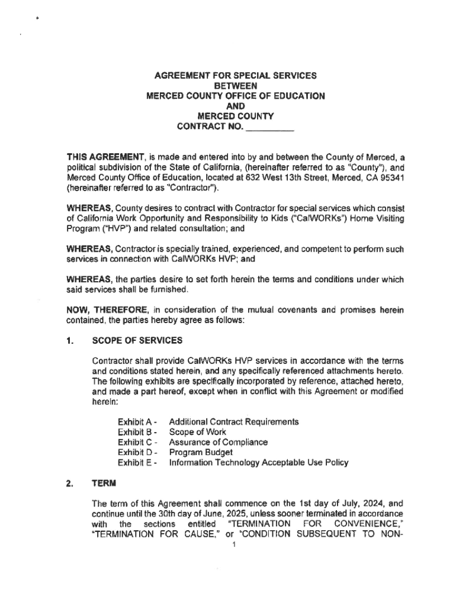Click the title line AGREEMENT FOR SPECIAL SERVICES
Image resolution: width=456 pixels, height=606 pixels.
pos(236,76)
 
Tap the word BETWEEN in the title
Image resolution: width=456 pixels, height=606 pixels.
pos(236,86)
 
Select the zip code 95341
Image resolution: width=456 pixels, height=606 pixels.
pos(390,179)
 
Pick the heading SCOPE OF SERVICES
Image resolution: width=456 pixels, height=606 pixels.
pos(137,341)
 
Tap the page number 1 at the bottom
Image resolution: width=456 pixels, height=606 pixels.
pos(235,545)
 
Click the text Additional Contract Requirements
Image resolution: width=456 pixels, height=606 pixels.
pos(234,422)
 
